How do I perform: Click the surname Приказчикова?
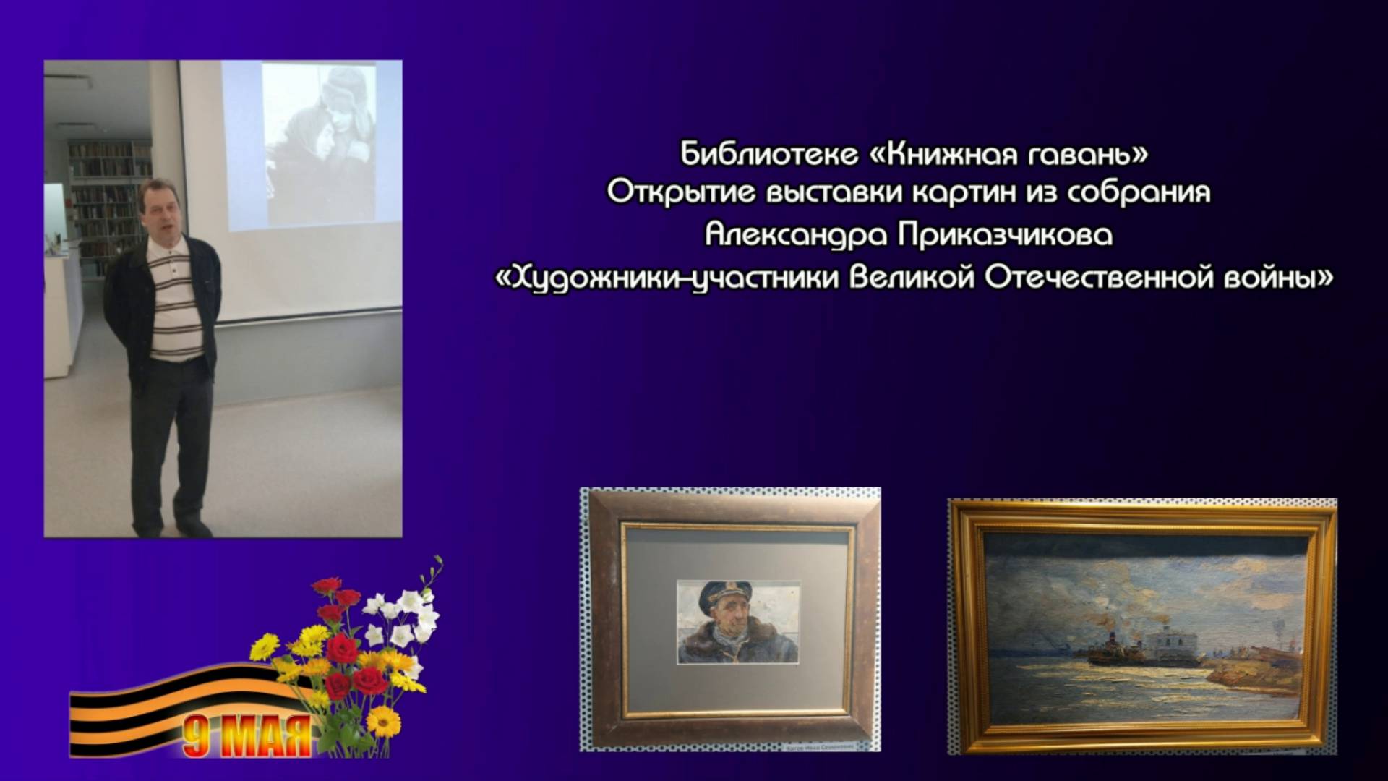point(1006,236)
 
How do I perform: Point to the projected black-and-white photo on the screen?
point(318,145)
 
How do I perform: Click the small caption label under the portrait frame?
point(818,743)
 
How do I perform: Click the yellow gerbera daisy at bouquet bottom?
point(383,721)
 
